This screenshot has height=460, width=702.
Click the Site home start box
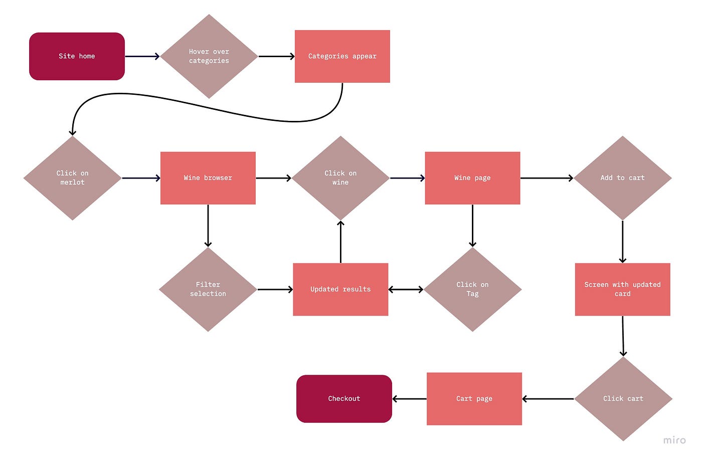77,56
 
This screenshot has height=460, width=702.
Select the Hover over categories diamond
209,56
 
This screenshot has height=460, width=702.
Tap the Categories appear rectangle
342,56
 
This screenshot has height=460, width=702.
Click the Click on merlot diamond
72,178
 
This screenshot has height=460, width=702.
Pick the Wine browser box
208,178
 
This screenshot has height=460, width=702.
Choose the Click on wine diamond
340,178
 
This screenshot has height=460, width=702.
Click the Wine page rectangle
472,178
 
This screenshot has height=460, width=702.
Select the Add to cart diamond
622,178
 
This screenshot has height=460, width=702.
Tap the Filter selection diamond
208,289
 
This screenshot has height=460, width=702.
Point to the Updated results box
340,289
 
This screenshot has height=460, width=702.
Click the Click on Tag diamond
472,289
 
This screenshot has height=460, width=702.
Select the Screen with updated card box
622,289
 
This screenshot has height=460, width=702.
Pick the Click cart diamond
623,398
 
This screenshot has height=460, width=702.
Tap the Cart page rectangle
474,398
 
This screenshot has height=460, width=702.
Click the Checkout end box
344,398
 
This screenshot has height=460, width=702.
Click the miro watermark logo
674,440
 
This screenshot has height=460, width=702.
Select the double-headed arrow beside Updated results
406,289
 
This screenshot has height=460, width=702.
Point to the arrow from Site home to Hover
142,56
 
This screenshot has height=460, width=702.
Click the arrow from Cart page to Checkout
409,399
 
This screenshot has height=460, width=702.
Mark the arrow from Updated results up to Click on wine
340,242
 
